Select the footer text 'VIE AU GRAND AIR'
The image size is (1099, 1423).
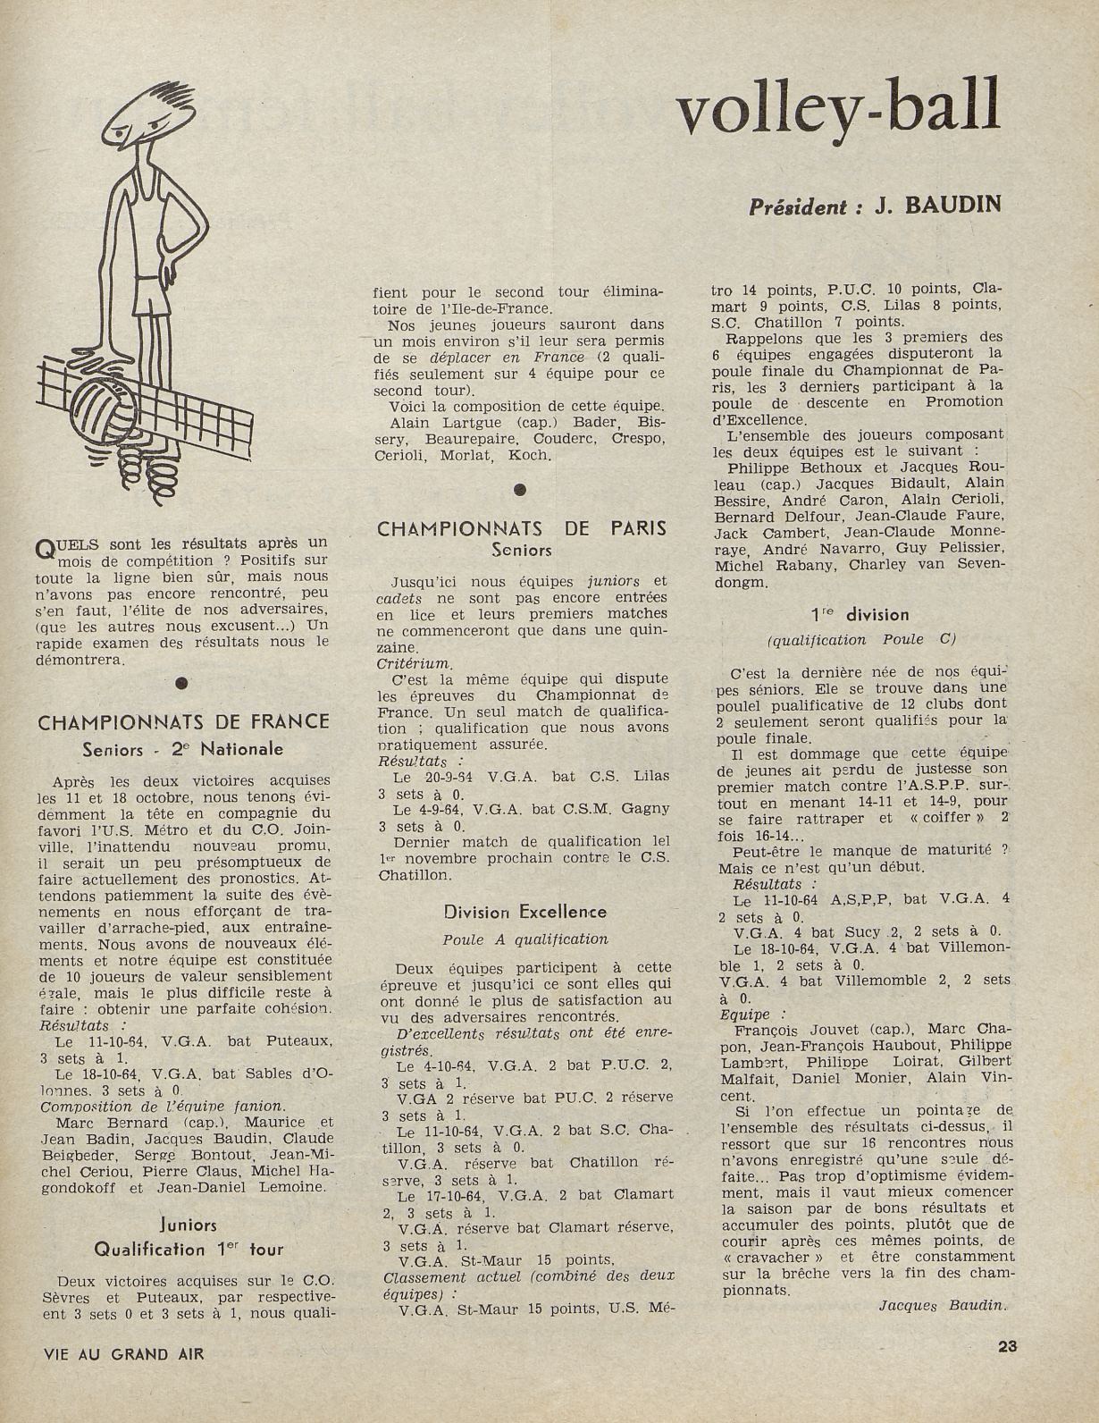point(124,1353)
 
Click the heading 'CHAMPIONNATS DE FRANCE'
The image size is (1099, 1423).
point(184,721)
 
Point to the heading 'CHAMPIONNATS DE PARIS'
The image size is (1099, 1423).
point(522,528)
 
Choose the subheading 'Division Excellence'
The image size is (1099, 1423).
point(524,912)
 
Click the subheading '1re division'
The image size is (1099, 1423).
point(859,614)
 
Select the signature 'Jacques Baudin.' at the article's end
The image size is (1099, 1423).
point(943,1305)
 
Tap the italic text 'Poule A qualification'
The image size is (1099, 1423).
point(524,939)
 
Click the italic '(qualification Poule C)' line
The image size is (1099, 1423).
point(860,639)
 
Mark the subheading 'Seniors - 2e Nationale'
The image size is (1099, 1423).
point(182,749)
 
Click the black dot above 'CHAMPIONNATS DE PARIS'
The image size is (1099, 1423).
point(521,489)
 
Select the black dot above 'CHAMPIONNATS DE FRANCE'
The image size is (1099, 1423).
point(181,683)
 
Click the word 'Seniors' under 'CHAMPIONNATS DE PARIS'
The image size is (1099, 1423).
point(522,551)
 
